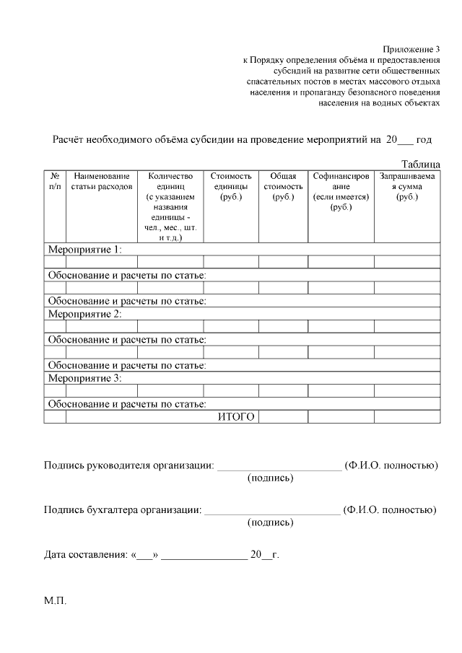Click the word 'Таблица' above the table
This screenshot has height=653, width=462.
[420, 165]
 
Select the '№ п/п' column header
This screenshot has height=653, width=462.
[55, 181]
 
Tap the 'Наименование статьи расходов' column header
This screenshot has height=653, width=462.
[101, 181]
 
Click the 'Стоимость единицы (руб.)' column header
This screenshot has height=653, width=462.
[231, 186]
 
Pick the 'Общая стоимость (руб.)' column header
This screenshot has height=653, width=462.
[283, 186]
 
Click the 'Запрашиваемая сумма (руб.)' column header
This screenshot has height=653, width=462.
[407, 186]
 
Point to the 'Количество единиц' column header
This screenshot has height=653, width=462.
[170, 206]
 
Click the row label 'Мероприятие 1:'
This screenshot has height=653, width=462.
[84, 250]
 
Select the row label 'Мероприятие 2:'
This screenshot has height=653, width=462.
[84, 314]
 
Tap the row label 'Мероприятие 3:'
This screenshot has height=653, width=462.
[84, 378]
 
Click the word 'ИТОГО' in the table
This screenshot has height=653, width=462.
[236, 417]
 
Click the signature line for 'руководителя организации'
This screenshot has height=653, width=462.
[279, 467]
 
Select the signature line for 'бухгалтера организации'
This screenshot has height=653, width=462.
[272, 511]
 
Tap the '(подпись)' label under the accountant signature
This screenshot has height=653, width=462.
[270, 522]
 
